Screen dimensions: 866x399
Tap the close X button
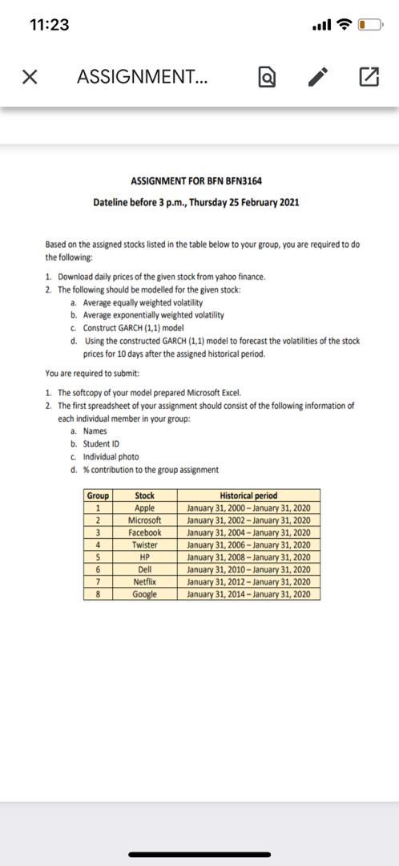30,77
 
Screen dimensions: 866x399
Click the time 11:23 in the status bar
49,25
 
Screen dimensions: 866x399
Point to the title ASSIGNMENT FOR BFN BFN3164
195,182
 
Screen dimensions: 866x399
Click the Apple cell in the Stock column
145,508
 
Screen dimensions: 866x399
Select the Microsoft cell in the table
145,520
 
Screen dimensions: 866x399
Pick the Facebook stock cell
145,532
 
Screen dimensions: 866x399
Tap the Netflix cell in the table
145,581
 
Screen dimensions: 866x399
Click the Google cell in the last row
145,594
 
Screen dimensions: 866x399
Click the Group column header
98,496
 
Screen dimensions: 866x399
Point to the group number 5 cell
98,557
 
